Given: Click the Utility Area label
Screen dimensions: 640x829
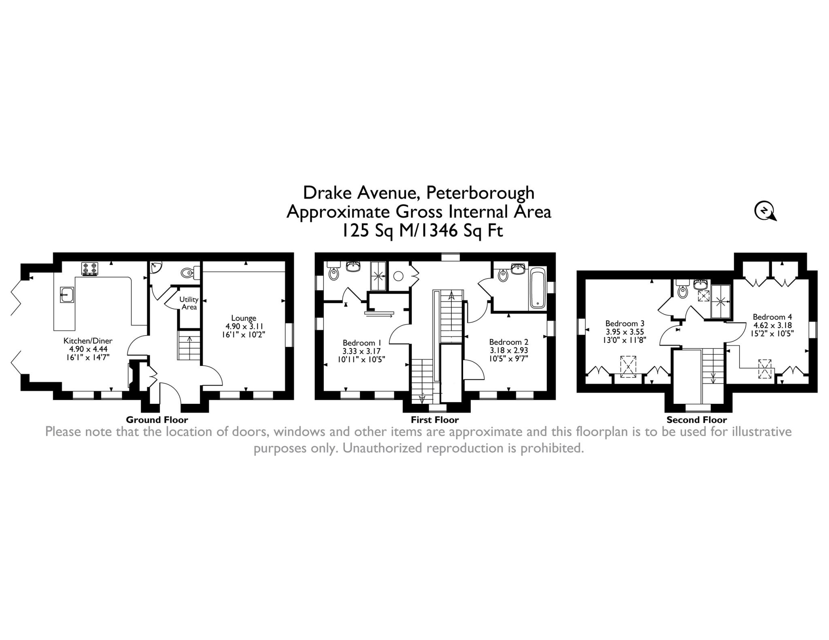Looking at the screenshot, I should pos(189,303).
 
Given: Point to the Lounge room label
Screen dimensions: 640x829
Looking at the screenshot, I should pos(244,318).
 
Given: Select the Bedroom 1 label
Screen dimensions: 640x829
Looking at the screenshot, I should pos(362,342).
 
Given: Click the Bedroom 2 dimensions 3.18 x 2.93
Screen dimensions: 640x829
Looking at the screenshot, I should pos(508,350).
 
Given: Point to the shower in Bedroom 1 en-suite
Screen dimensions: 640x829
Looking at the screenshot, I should pos(379,276).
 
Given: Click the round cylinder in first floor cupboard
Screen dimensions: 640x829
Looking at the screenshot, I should pos(398,276).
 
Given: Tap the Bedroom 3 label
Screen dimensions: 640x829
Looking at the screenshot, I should pos(625,323).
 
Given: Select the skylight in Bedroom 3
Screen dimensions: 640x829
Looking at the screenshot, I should pos(628,367).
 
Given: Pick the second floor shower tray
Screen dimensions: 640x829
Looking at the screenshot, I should pos(721,301).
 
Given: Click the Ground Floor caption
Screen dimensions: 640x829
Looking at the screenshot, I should pos(157,420).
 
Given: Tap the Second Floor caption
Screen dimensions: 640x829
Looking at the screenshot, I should pos(697,420).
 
